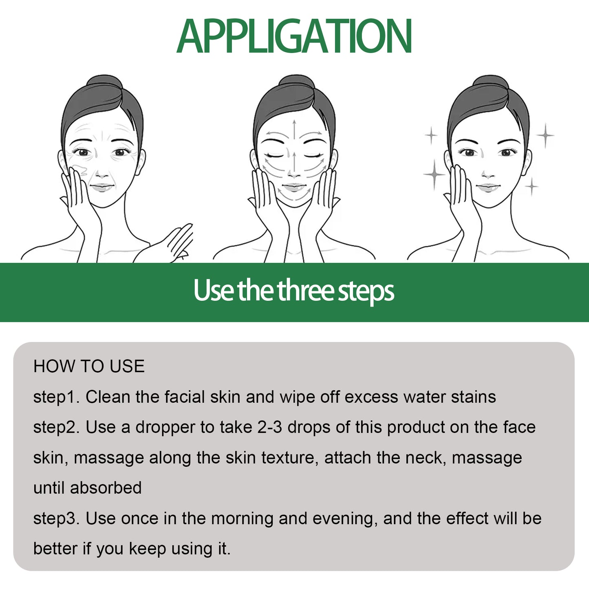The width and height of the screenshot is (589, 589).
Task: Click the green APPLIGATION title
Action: pos(294,37)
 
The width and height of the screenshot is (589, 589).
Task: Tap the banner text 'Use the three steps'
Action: pos(294,291)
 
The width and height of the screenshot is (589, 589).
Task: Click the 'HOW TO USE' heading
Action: pos(89,366)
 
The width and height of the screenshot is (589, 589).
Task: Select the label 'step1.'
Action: pos(56,397)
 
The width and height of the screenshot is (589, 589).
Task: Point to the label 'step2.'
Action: pos(56,428)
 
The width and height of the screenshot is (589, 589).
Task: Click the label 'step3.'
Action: pos(56,519)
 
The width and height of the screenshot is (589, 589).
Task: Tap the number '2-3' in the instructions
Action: pos(269,427)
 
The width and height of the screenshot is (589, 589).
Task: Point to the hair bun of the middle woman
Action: pos(296,83)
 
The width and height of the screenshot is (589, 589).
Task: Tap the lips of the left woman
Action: pos(101,188)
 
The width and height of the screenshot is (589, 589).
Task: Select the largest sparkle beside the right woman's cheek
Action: pos(434,174)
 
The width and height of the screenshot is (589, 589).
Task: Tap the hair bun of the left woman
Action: pos(104,83)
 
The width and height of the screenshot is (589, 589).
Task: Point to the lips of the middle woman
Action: pos(293,188)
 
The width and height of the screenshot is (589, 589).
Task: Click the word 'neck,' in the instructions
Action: pos(426,458)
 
